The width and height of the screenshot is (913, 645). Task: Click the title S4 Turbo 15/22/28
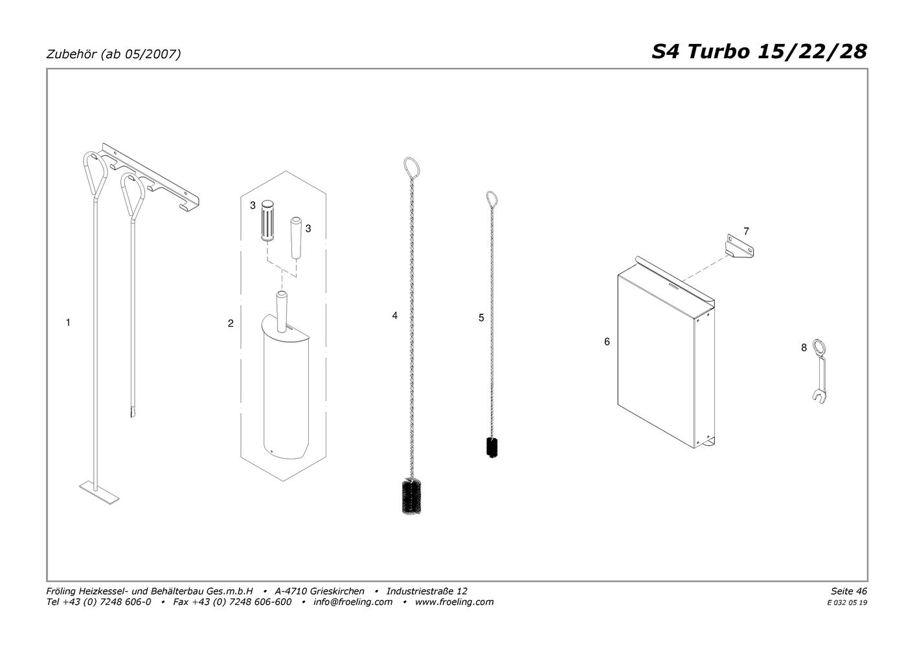[x=759, y=52]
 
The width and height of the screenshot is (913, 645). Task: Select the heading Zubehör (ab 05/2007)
[x=113, y=54]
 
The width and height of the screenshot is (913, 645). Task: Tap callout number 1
[x=68, y=322]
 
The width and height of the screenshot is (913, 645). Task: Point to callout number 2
[x=231, y=323]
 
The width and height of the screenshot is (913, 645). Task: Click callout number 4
[x=394, y=316]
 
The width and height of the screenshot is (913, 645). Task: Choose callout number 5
[x=481, y=318]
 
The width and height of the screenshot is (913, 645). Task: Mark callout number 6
[x=607, y=342]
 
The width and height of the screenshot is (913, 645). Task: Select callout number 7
[x=747, y=232]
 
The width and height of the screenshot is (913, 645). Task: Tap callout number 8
[x=804, y=348]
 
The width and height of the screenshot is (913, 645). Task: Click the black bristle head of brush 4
[x=412, y=496]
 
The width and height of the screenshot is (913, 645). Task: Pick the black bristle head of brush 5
[x=492, y=447]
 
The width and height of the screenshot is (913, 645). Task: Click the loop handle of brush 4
[x=412, y=168]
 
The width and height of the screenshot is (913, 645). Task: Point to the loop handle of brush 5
[x=492, y=200]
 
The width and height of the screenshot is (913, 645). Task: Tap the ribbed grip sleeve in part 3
[x=267, y=221]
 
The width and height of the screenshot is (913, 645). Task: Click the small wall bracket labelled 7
[x=739, y=246]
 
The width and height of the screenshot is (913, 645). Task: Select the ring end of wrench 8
[x=818, y=347]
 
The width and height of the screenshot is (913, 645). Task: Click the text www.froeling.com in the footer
[x=454, y=602]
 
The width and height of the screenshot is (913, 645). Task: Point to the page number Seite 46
[x=849, y=591]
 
